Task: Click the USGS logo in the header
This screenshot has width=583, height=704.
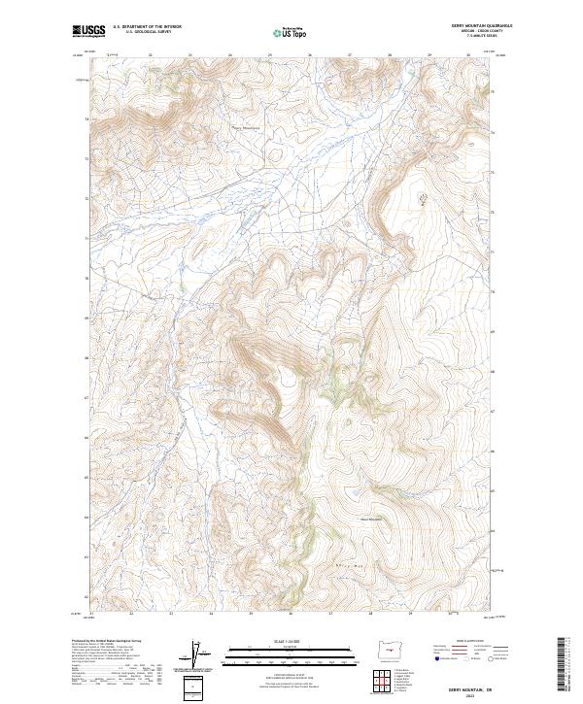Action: (88, 31)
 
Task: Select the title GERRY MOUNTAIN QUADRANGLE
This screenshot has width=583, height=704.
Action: (480, 26)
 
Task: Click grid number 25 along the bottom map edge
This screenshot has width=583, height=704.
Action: (251, 614)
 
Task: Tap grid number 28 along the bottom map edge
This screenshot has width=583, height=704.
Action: (370, 614)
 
